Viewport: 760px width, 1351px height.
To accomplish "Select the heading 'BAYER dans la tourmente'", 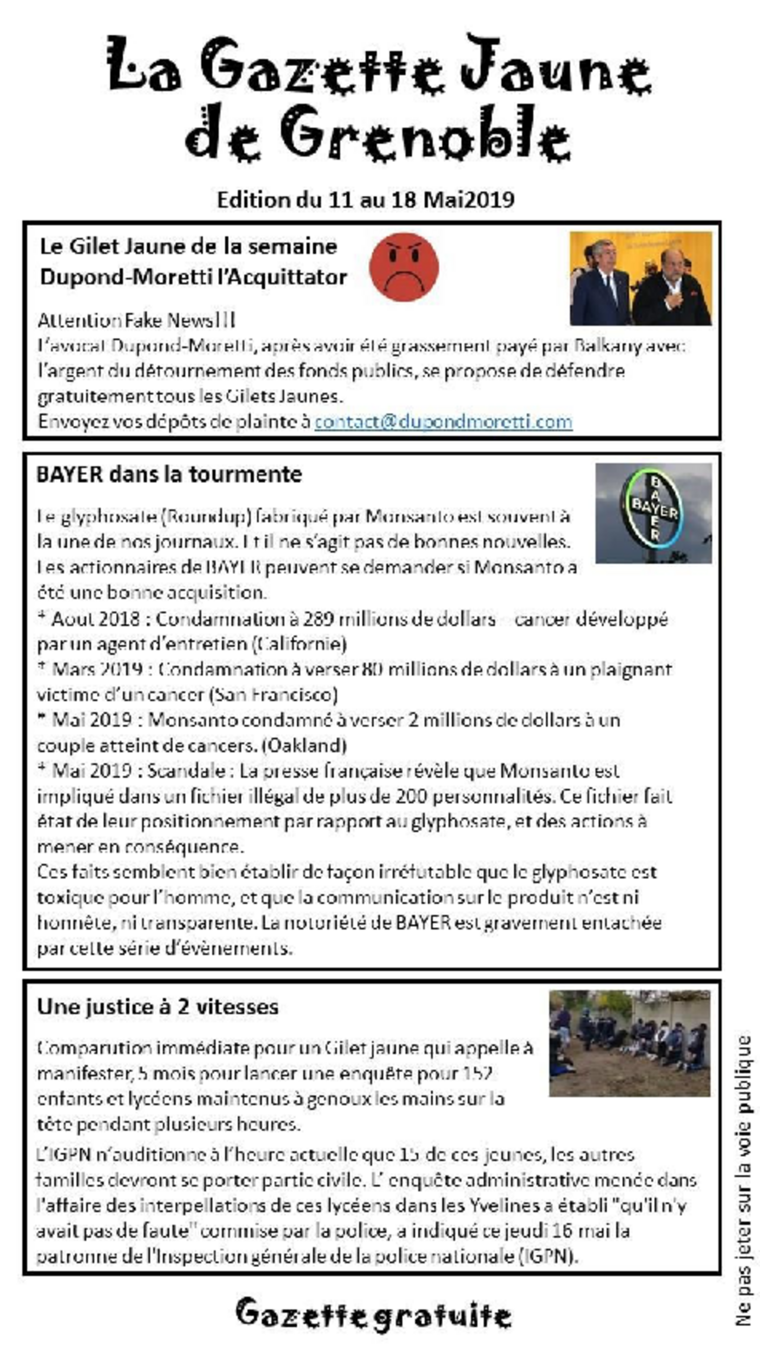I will click(x=169, y=474).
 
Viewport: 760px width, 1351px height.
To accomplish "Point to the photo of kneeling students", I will click(x=629, y=1043).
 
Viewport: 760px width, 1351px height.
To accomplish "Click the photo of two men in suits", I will click(x=641, y=278).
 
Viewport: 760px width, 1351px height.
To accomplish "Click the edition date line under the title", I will click(x=365, y=200).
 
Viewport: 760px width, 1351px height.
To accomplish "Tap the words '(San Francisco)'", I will click(x=273, y=695).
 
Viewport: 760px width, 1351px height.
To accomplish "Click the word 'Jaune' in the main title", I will click(x=556, y=66).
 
